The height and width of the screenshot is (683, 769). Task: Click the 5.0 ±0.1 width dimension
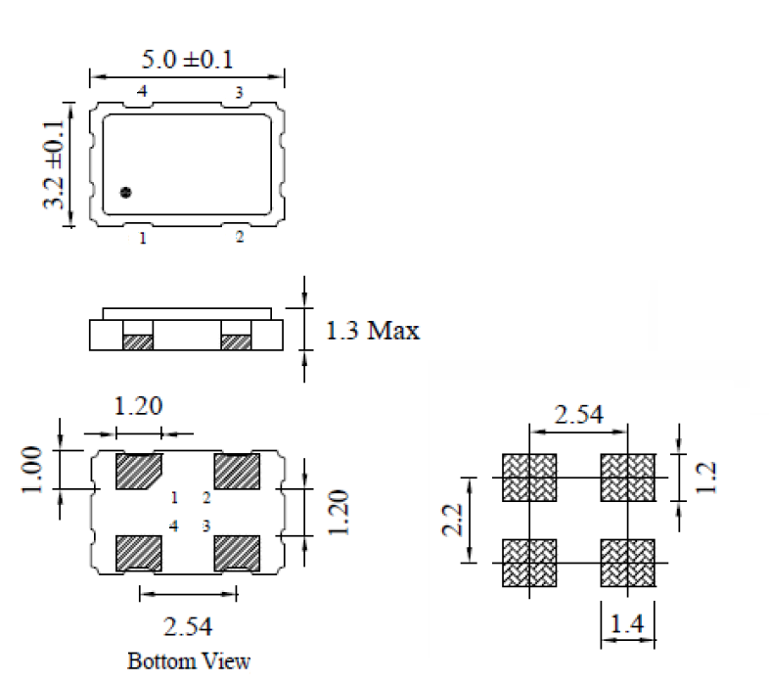click(x=188, y=61)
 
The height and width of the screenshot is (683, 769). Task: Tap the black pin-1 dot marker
click(x=125, y=192)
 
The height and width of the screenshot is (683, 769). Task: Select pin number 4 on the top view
click(x=143, y=92)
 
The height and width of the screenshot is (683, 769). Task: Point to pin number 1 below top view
click(x=143, y=238)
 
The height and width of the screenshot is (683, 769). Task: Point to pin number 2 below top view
click(x=239, y=237)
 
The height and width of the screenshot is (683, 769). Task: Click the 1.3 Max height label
click(x=371, y=331)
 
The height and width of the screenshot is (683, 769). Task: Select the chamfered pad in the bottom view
click(x=138, y=472)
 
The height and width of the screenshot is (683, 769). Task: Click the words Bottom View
click(x=188, y=660)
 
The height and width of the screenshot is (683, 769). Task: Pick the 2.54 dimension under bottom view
click(x=188, y=624)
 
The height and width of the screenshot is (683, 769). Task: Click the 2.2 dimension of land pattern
click(x=452, y=520)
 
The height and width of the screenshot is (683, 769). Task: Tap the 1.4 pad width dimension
click(x=626, y=622)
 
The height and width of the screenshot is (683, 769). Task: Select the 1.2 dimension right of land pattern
click(x=709, y=477)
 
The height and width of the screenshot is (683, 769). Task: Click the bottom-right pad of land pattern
click(x=627, y=563)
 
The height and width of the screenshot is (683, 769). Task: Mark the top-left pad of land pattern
click(x=528, y=477)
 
